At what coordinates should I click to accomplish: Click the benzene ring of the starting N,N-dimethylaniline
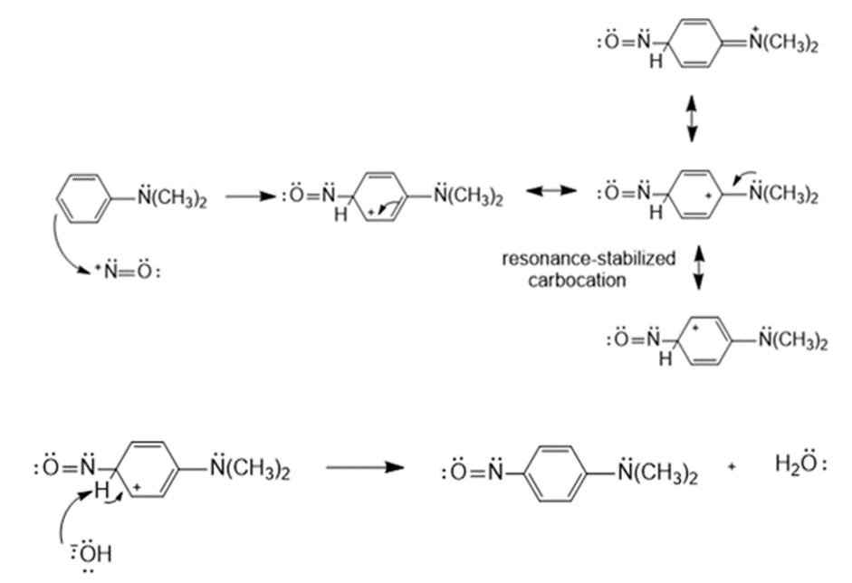[x=82, y=196]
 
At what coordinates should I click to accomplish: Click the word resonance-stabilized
[x=589, y=259]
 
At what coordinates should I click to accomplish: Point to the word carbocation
[x=578, y=280]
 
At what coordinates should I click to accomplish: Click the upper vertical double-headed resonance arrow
[x=693, y=117]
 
